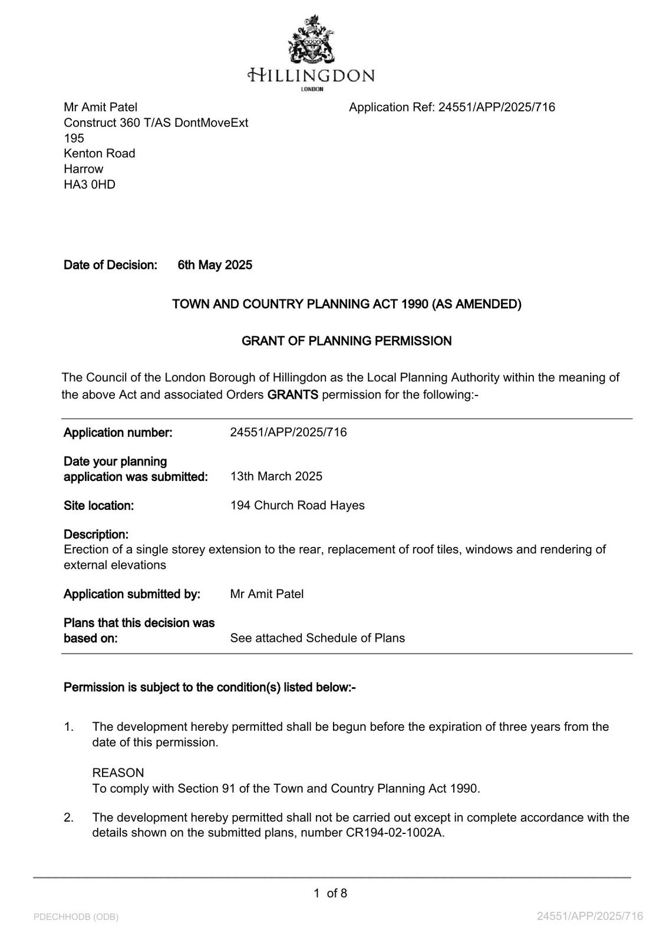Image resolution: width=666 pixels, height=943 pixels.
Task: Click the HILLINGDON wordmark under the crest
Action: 311,75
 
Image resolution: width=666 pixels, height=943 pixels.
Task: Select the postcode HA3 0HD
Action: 90,184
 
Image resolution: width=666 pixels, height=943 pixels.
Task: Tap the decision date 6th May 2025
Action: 215,265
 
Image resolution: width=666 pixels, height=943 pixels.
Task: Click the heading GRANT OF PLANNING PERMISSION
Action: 347,341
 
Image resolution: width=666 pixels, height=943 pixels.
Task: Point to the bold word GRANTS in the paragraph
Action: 292,394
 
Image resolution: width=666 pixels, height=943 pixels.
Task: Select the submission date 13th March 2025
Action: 276,476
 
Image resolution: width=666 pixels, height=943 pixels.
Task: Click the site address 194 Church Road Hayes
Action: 297,505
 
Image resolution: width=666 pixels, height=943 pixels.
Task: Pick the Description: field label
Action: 96,535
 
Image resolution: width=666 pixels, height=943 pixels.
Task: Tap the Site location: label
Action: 98,505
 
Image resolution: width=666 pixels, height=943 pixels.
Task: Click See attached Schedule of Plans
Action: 317,638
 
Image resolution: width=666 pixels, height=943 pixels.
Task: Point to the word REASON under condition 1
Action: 118,773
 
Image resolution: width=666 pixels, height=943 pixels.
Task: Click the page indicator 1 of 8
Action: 330,893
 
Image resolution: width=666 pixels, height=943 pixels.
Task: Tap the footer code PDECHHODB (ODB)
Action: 76,916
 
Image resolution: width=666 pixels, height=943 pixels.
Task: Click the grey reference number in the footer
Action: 589,916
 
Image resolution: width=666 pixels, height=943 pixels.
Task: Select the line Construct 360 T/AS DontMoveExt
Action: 156,123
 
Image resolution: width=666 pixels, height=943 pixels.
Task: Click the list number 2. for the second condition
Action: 69,817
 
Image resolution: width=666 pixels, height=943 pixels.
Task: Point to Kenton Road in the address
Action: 100,153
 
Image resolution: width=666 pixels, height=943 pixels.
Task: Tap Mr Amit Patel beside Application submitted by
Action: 267,594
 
